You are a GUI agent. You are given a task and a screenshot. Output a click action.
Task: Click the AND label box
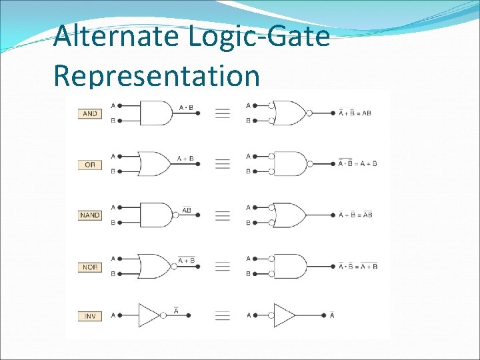(90, 113)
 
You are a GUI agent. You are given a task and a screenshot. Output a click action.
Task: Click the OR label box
(90, 165)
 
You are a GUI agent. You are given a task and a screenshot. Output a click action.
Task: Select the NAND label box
(90, 215)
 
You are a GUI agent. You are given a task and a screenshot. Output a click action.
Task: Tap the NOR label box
(90, 267)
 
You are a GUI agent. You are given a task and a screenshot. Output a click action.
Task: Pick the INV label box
(90, 315)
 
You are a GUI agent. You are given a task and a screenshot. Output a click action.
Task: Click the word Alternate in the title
(117, 36)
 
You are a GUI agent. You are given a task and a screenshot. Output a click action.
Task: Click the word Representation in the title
(156, 75)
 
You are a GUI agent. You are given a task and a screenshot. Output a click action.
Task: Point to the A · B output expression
(186, 107)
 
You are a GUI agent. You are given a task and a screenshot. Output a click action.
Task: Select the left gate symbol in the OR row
(155, 164)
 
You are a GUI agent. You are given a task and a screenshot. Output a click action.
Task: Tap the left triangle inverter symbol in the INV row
(150, 315)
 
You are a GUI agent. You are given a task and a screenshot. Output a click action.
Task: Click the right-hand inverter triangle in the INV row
(285, 315)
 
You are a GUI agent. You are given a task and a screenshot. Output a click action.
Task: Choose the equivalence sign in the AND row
(223, 113)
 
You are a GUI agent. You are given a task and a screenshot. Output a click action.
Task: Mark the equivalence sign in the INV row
(223, 315)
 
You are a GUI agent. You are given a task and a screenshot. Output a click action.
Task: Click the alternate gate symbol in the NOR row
(291, 266)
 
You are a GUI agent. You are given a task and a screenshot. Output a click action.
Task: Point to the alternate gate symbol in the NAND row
(291, 215)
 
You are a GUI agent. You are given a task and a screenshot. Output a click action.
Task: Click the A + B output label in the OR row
(185, 159)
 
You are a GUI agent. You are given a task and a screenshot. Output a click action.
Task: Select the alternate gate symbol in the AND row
(291, 113)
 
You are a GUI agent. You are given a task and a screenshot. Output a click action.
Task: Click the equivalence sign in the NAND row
(223, 215)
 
